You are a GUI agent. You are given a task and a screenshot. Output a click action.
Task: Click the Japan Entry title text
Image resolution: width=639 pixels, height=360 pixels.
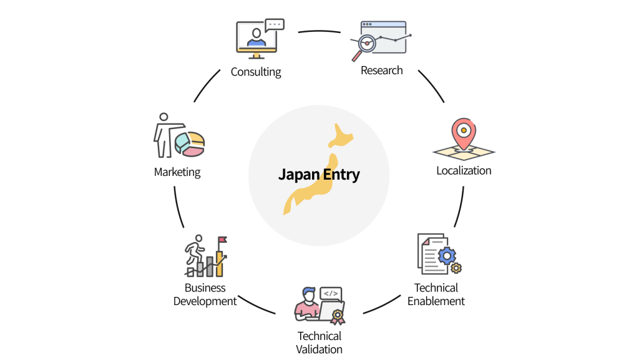[x=319, y=174]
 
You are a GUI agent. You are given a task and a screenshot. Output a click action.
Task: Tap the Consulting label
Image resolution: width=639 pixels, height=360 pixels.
[x=256, y=72]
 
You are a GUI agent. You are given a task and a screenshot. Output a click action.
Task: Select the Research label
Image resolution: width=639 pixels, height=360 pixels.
[x=382, y=70]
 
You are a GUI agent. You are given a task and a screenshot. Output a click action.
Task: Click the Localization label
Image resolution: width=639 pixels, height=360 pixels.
[x=464, y=170]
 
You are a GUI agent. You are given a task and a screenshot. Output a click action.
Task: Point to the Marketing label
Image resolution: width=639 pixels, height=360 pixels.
[x=177, y=172]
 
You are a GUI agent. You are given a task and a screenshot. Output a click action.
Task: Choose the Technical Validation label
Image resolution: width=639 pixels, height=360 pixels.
[x=319, y=343]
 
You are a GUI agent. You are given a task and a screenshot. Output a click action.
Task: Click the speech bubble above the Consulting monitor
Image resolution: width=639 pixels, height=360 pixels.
[x=274, y=25]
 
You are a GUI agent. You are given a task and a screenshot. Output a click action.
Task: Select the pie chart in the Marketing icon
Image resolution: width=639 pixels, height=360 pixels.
[x=190, y=144]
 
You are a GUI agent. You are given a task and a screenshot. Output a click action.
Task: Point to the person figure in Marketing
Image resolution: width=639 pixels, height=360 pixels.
[x=164, y=134]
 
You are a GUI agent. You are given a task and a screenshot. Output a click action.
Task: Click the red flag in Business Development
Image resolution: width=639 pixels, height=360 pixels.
[x=222, y=240]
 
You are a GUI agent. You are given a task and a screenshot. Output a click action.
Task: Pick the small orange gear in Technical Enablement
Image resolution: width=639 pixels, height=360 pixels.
[x=456, y=268]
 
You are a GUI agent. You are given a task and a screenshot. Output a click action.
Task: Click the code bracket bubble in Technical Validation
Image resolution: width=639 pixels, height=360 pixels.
[x=330, y=293]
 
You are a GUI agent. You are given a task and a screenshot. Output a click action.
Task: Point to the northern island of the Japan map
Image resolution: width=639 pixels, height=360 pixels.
[x=341, y=133]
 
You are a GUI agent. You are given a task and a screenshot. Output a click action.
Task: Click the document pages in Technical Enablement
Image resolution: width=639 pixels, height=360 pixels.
[x=430, y=253]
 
